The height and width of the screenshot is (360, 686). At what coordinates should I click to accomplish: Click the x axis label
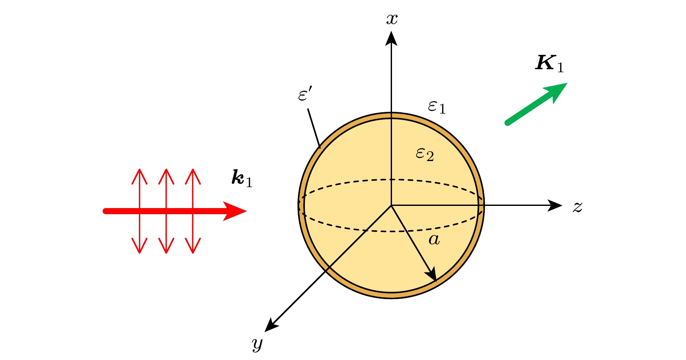(392, 19)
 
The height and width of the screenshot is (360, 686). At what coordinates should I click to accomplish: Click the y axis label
(257, 344)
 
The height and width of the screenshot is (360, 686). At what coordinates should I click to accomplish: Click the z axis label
(578, 207)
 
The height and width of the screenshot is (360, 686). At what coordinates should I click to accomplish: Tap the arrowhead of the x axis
(392, 38)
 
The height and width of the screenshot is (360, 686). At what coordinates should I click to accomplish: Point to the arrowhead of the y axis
(271, 325)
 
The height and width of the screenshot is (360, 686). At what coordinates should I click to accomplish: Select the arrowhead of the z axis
(554, 205)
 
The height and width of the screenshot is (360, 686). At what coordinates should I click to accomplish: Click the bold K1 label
(549, 64)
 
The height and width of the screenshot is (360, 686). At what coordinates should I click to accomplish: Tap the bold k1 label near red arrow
(242, 178)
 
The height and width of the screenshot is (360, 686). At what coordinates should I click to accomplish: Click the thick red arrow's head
(235, 211)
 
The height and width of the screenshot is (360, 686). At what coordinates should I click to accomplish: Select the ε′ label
(305, 94)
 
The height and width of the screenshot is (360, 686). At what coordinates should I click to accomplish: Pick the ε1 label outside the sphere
(437, 107)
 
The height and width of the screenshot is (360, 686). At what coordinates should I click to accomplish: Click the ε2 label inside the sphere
(425, 154)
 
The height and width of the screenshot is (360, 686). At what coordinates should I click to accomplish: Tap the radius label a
(434, 240)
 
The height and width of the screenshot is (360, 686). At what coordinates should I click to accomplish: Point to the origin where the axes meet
(392, 205)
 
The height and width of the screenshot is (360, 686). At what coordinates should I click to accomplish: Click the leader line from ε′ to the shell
(314, 128)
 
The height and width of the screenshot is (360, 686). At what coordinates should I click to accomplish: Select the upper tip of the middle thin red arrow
(166, 169)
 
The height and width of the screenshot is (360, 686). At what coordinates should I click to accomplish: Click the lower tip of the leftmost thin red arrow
(140, 253)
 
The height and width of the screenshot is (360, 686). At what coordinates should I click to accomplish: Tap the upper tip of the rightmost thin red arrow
(193, 169)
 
